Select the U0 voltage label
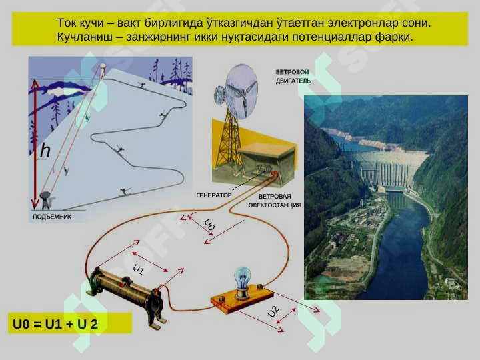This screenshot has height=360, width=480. (x=209, y=225)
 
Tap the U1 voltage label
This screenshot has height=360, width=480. (x=139, y=269)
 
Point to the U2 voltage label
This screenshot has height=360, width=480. (x=273, y=311)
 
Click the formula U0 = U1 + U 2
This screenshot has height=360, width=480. (x=55, y=324)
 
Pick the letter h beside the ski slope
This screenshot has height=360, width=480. (x=45, y=151)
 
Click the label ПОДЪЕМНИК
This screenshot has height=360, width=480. (x=52, y=217)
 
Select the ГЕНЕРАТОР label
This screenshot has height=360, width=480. (x=214, y=195)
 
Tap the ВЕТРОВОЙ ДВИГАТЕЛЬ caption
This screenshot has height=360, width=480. (x=293, y=76)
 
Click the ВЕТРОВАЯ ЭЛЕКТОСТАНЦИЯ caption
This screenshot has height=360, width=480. (x=275, y=201)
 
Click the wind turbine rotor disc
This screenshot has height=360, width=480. (x=241, y=91)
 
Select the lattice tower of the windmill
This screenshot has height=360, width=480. (x=229, y=139)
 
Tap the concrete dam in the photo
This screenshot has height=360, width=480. (x=387, y=169)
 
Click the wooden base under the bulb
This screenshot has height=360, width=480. (x=242, y=299)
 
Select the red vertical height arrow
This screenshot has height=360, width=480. (x=35, y=144)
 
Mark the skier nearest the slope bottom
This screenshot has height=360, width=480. (x=125, y=191)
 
